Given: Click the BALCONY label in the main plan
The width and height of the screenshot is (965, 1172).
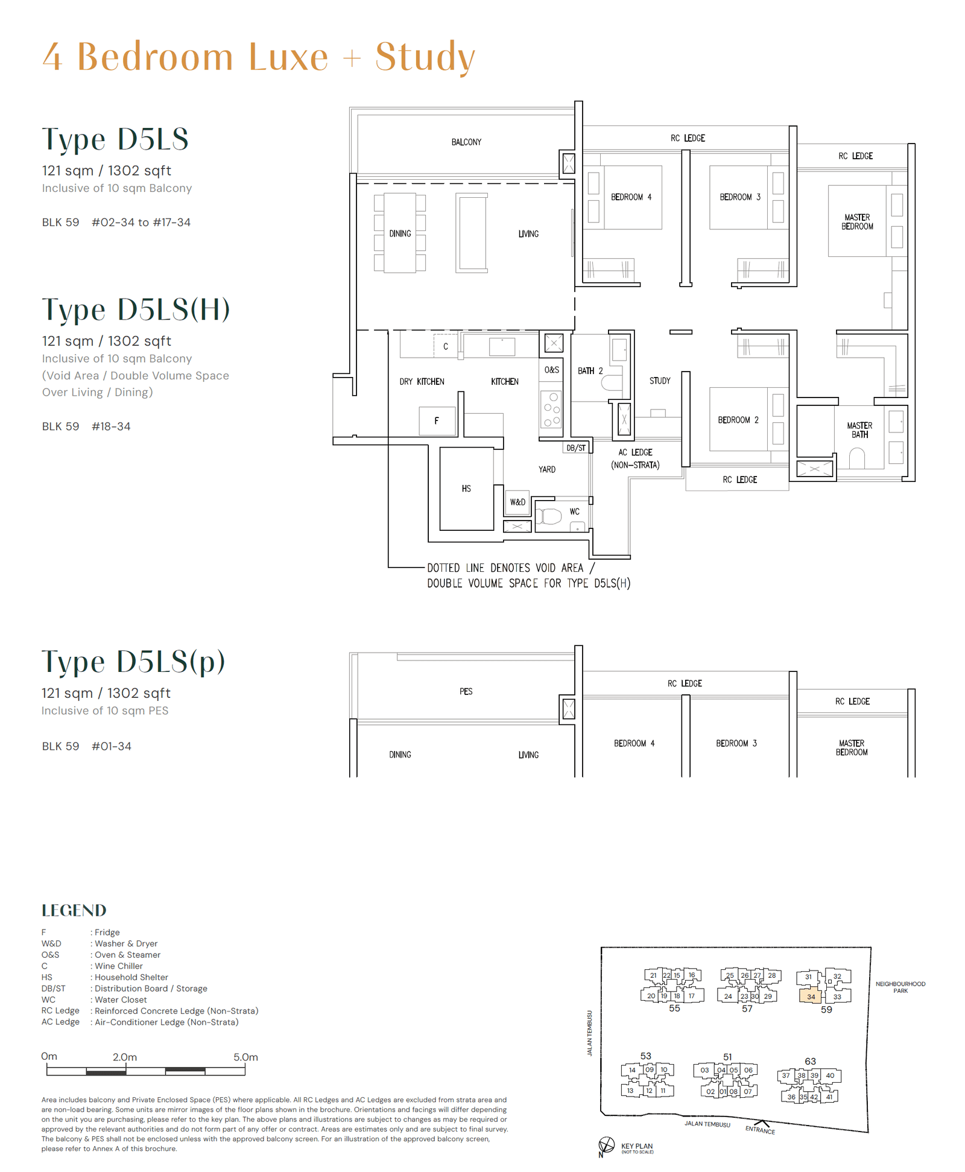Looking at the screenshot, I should pos(466,142).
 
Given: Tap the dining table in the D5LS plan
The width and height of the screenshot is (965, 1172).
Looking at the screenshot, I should pos(400,233).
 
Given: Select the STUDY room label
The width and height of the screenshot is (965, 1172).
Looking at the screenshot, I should pos(660,381).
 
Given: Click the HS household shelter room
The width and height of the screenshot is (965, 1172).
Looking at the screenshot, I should pos(466,489).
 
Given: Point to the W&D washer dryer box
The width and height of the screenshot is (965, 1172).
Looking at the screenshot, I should pos(517,502).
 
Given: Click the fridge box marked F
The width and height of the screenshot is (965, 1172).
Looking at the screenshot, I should pos(437,420).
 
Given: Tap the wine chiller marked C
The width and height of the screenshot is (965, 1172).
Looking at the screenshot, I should pos(446,346).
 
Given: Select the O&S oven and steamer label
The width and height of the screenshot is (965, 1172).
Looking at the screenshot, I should pos(552,370).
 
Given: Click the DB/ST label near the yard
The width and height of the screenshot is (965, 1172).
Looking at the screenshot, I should pos(576,448).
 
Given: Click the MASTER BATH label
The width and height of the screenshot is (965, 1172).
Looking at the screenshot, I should pos(859,429).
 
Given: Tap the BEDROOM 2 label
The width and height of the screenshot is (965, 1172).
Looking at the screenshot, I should pos(738,420).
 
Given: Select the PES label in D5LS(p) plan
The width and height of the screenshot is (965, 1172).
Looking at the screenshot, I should pos(466,691).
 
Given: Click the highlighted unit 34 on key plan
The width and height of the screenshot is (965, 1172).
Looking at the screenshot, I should pos(811,996).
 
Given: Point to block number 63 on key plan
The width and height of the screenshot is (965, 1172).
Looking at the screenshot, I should pos(810,1061).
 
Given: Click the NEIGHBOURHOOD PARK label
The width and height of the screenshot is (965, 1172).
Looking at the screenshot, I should pos(900,987).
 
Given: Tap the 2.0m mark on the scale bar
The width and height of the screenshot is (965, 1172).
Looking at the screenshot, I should pos(125,1057).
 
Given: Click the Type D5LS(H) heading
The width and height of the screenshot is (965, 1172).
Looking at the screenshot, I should pos(136,309).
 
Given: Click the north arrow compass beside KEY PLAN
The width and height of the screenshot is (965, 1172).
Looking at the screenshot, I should pos(606,1145).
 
